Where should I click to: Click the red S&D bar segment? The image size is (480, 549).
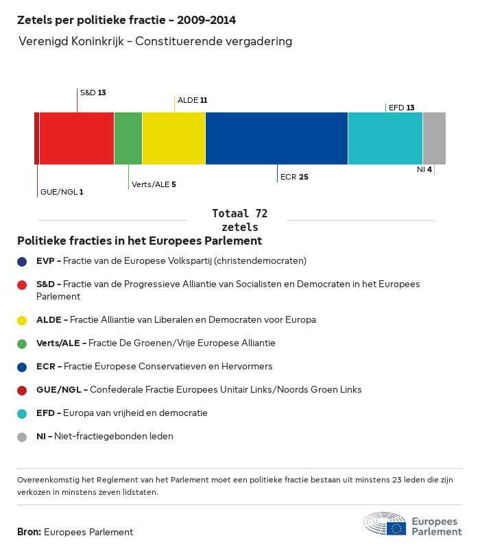coord(77,138)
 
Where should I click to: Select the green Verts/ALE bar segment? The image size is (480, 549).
coord(128,138)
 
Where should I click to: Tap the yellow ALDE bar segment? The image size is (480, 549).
coord(174,138)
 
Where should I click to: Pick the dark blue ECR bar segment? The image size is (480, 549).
coord(277,138)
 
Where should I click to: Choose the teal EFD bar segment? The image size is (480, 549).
coord(385,138)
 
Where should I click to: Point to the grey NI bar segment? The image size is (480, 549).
coord(434,138)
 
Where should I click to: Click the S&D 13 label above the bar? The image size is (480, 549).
coord(93,93)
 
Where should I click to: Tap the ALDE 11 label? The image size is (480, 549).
coord(192,100)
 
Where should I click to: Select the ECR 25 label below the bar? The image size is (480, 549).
coord(294,177)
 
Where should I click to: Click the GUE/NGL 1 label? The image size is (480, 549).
coord(62,192)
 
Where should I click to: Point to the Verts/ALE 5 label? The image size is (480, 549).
coord(154,184)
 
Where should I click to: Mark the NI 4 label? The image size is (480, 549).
coord(424,169)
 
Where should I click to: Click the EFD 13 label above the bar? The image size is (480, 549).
coord(401,108)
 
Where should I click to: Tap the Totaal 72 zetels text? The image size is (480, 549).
coord(240,220)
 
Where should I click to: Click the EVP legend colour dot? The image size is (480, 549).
coord(23,261)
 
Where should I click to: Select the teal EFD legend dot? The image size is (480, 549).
coord(23,413)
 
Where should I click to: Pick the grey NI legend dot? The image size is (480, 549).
coord(23,437)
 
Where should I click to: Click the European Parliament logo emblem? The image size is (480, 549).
coord(385,524)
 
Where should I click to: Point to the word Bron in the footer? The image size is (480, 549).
coord(29,532)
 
